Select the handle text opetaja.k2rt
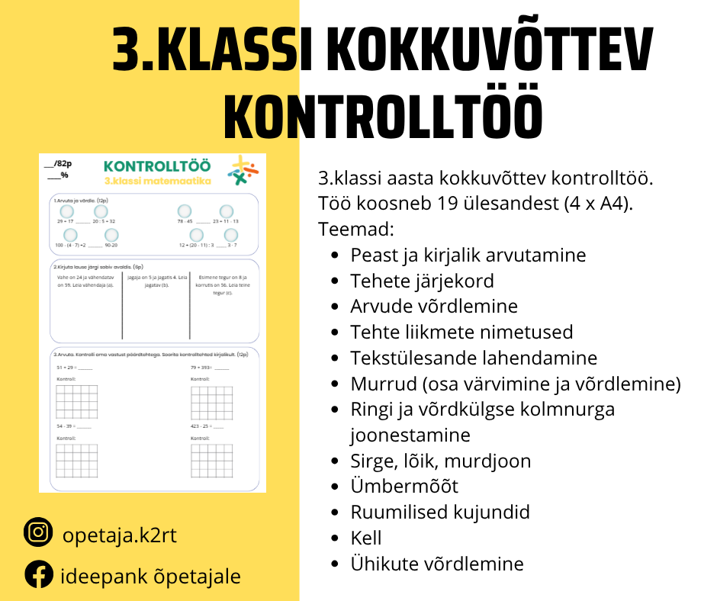click(119, 535)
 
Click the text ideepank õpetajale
click(150, 576)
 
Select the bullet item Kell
click(366, 538)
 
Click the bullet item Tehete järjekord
click(422, 280)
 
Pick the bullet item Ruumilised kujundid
click(440, 512)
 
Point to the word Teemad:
click(355, 229)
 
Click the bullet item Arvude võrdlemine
click(434, 306)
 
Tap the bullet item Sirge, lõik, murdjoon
click(440, 461)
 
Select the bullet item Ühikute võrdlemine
click(437, 564)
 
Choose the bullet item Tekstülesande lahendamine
click(474, 357)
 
